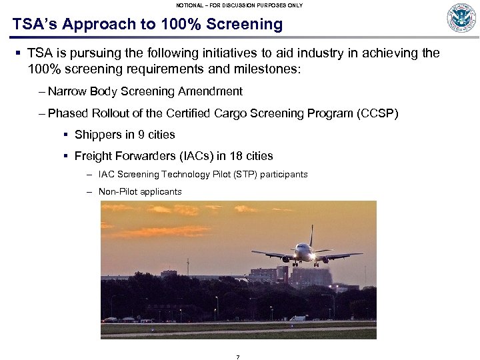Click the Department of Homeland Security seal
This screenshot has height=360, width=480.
pyautogui.click(x=461, y=18)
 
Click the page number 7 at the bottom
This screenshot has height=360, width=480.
pyautogui.click(x=238, y=357)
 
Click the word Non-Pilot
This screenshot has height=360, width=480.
pyautogui.click(x=117, y=192)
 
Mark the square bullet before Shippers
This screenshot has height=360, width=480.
pyautogui.click(x=65, y=135)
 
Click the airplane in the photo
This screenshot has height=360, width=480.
pyautogui.click(x=305, y=253)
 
